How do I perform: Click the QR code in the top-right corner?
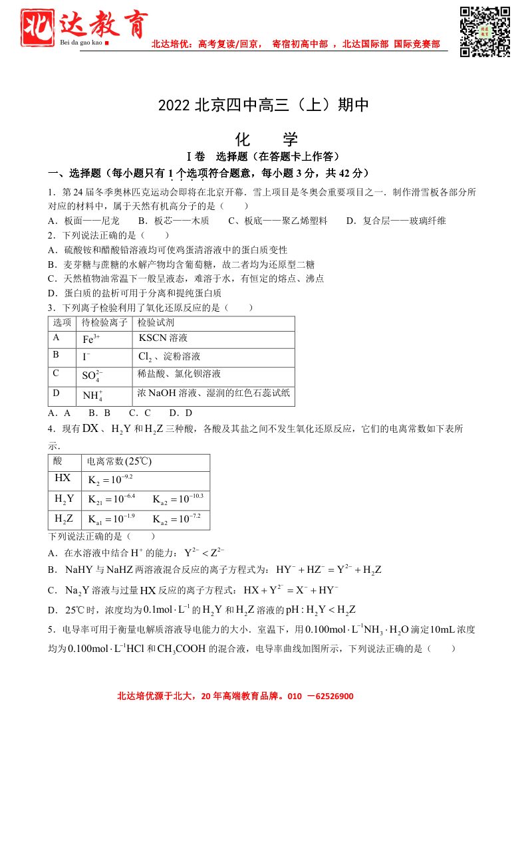click(485, 31)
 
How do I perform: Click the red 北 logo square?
click(37, 27)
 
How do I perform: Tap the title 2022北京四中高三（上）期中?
click(263, 106)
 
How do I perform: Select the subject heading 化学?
click(267, 140)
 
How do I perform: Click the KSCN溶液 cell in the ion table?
click(163, 338)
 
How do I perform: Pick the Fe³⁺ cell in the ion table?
click(91, 339)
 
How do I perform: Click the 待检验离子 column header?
click(104, 322)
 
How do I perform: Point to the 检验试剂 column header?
click(156, 322)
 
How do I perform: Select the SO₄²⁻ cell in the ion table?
click(92, 375)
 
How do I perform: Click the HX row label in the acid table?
click(63, 478)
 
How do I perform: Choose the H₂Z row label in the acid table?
click(64, 518)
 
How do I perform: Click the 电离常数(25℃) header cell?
click(120, 461)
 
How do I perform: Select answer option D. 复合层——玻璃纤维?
click(396, 221)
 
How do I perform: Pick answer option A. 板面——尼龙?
click(84, 221)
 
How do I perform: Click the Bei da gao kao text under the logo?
click(81, 43)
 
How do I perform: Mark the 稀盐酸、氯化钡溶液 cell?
click(180, 374)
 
